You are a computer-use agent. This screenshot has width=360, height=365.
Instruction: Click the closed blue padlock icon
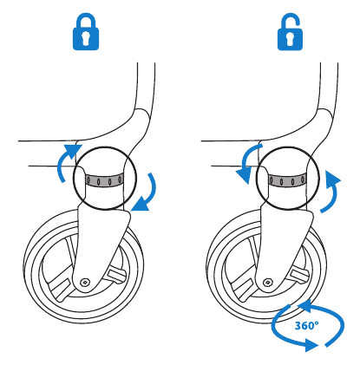[86, 32]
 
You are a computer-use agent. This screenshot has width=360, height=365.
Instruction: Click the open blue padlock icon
[290, 31]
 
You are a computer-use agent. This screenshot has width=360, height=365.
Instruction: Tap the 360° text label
[307, 326]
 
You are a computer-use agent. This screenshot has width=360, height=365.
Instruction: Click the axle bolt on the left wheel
[85, 282]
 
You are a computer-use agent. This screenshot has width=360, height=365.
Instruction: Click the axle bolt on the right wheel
[268, 282]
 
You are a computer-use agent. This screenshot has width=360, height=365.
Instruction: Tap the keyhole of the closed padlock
[86, 38]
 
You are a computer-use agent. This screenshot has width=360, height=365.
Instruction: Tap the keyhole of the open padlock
[290, 38]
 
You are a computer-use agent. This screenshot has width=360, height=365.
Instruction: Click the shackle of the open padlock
[290, 15]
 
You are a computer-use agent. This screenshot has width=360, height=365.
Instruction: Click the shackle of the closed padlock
[86, 16]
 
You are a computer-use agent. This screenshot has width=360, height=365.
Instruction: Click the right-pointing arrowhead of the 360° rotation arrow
[312, 345]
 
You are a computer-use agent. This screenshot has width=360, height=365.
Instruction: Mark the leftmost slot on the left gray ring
[88, 181]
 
